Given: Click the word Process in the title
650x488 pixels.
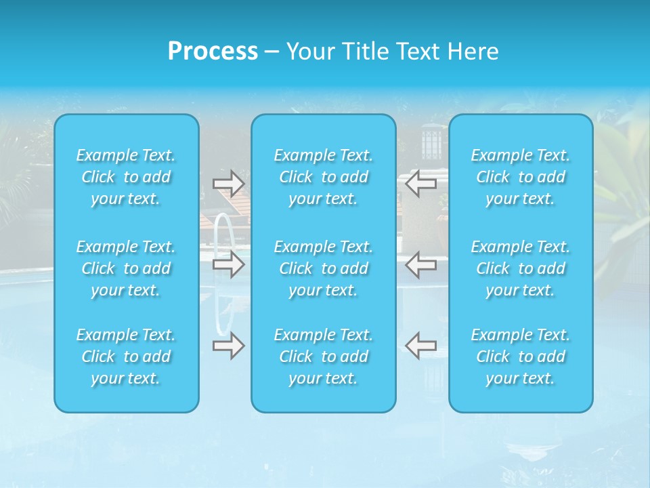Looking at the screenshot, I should [213, 52].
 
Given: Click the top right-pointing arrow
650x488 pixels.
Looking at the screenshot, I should [228, 184].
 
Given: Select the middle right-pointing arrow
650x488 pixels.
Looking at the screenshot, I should [228, 264].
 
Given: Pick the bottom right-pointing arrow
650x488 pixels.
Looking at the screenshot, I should [228, 346].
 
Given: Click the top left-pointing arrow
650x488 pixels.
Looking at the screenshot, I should [420, 184].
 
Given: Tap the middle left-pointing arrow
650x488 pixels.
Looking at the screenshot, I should [420, 264].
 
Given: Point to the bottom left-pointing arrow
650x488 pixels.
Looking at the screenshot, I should [420, 346].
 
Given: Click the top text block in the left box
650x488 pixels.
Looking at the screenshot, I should [126, 177].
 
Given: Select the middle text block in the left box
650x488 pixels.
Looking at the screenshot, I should [126, 268].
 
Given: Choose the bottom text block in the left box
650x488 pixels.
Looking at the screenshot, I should [126, 357].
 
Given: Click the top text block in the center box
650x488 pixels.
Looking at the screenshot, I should [324, 177].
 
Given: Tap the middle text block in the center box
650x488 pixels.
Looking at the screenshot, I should [324, 268].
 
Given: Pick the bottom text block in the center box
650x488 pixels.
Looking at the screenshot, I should [324, 357].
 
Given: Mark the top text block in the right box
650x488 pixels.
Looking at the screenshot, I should [521, 177].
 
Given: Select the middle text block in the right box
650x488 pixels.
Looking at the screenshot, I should [521, 268].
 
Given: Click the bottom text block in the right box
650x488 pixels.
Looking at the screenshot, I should [521, 357].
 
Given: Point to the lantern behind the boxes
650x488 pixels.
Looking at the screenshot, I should [431, 142].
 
